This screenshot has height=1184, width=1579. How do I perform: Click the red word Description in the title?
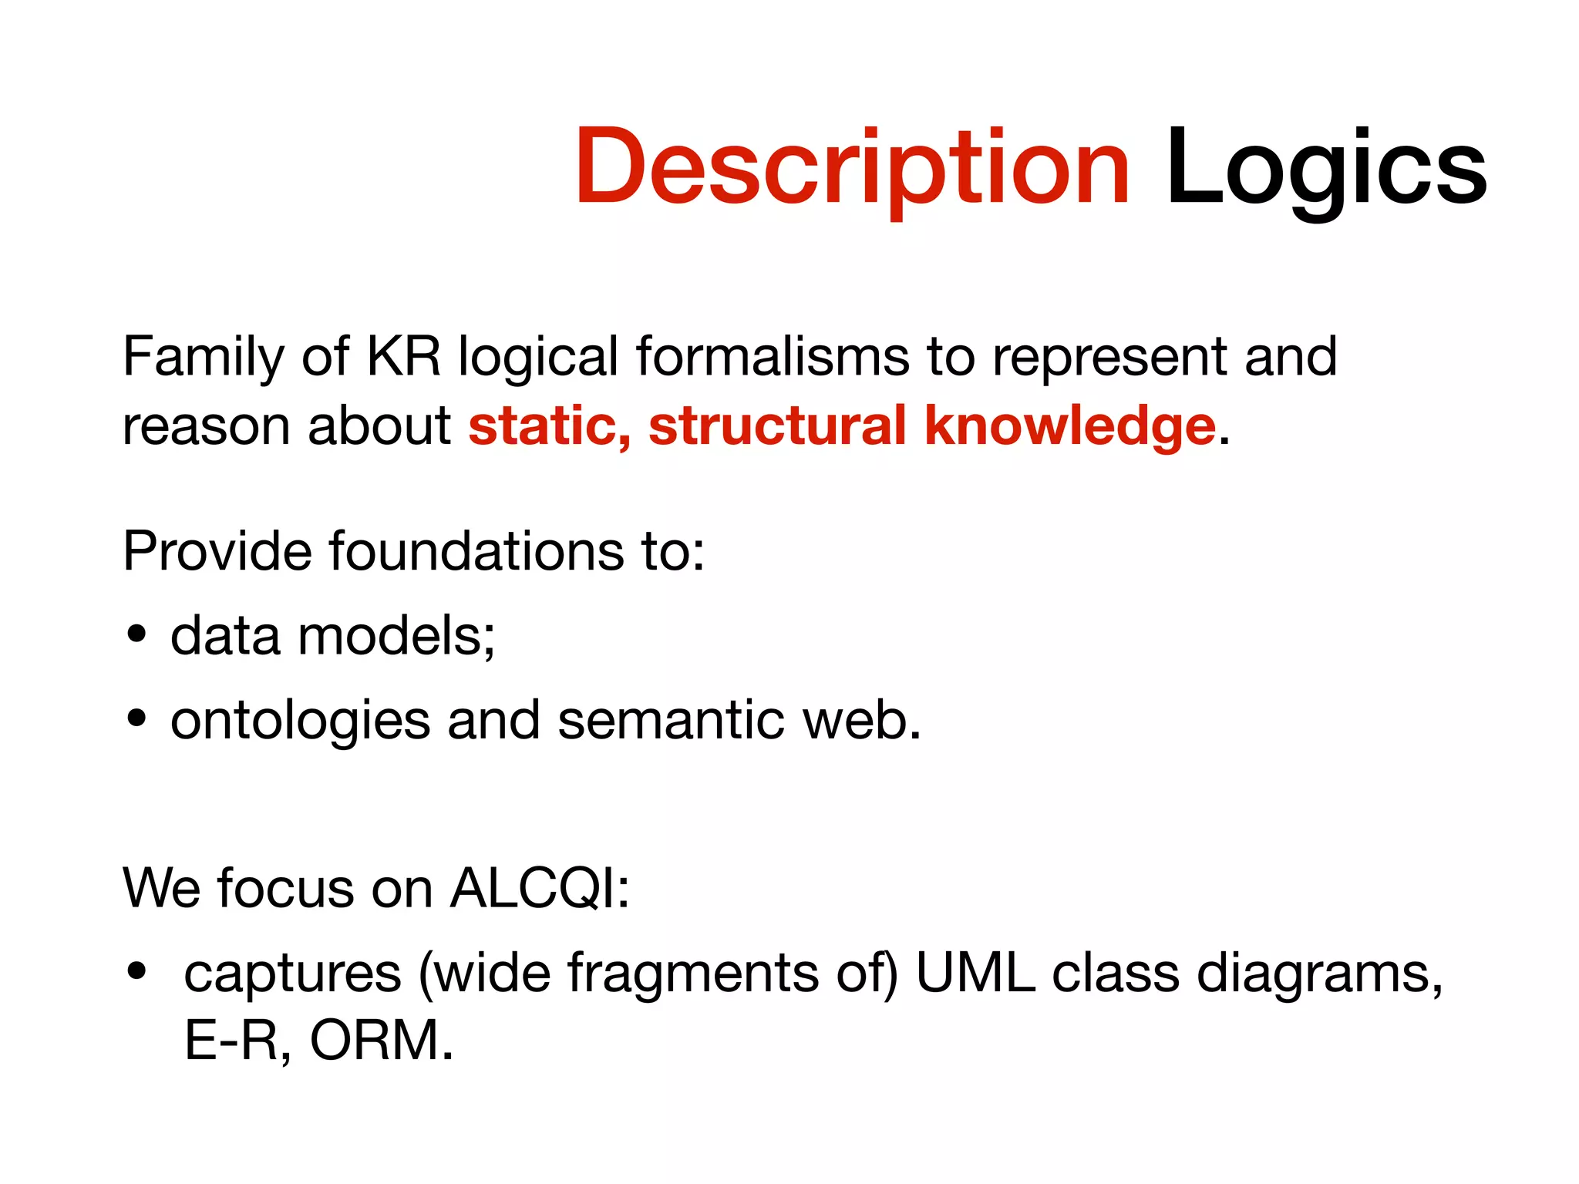coord(851,168)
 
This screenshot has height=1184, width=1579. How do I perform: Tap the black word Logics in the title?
coord(1325,168)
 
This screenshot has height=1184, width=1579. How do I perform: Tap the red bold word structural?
coord(777,425)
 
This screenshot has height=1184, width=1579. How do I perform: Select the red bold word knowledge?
coord(1069,426)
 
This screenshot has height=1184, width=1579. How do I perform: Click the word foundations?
coord(476,551)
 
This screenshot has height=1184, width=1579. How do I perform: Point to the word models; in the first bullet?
coord(396,636)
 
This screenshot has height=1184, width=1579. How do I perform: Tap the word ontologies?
coord(300,721)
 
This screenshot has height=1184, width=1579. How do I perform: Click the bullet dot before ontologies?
coord(137,719)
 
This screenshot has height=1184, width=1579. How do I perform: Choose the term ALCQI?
coord(540,889)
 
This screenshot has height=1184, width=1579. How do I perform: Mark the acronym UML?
coord(975,973)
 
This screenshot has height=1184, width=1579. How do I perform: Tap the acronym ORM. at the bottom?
coord(382,1041)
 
